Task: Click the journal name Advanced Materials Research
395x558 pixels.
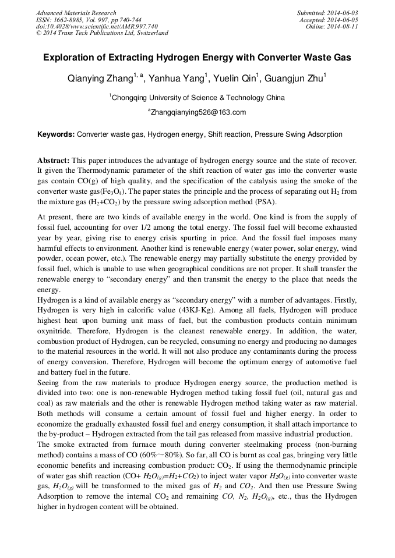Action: (x=76, y=13)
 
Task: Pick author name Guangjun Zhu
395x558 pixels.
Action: (x=295, y=79)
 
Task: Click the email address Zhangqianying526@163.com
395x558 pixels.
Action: (x=198, y=112)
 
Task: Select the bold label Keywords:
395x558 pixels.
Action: (x=56, y=134)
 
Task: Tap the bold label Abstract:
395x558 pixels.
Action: (x=54, y=160)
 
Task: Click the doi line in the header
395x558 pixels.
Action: (x=97, y=26)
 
